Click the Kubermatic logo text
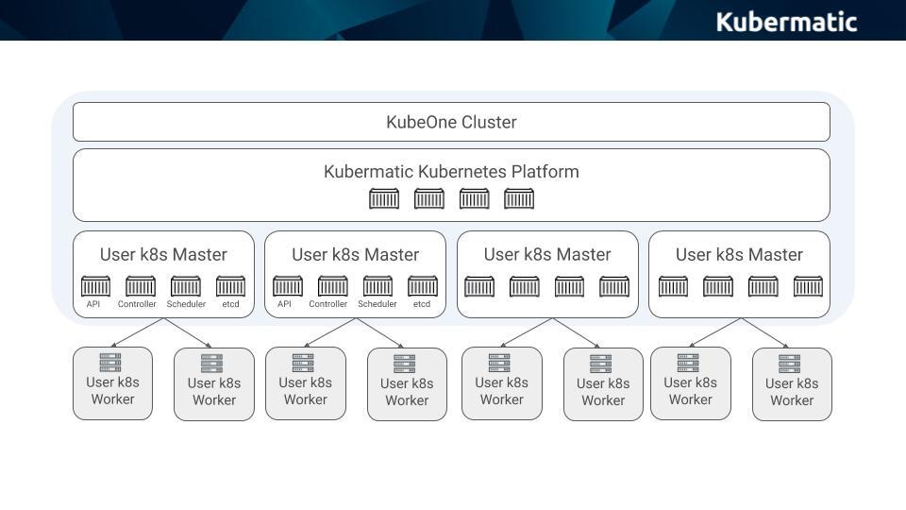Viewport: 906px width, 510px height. [x=786, y=21]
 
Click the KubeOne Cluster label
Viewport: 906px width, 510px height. [x=451, y=122]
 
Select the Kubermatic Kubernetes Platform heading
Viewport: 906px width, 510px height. [x=451, y=172]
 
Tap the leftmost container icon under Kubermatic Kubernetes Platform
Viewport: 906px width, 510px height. [x=383, y=199]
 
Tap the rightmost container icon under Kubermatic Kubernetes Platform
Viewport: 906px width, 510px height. [x=519, y=199]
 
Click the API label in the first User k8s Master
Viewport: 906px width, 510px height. [x=92, y=304]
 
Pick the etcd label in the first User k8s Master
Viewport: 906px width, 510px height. [x=230, y=304]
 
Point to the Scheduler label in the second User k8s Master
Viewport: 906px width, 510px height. [x=377, y=304]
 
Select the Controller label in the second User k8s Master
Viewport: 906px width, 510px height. [x=328, y=304]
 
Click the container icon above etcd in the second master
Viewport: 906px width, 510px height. [x=423, y=285]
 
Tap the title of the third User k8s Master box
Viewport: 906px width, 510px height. [x=547, y=254]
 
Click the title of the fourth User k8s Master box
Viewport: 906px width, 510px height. [x=739, y=254]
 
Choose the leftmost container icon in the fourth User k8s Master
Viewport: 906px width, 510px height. [x=673, y=286]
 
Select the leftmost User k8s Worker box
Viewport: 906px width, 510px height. [x=112, y=383]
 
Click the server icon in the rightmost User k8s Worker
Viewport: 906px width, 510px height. [x=791, y=364]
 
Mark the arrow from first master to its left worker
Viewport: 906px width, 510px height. [x=137, y=332]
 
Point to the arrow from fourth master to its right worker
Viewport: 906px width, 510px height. [x=766, y=333]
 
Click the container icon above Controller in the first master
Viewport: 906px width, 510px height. [x=141, y=285]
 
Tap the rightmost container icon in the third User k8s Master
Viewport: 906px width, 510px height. [x=614, y=286]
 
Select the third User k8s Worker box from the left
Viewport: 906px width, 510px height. [x=305, y=383]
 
